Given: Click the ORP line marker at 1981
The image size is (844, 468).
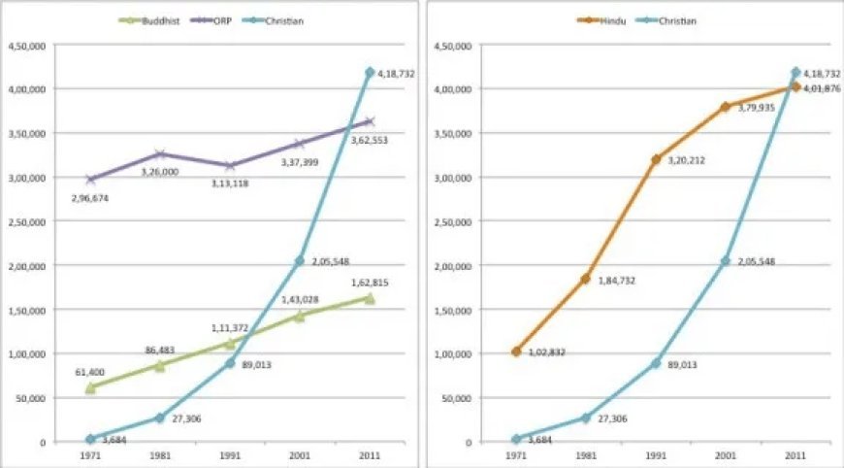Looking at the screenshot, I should coord(159,154).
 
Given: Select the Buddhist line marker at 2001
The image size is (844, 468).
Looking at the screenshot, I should coord(299,316).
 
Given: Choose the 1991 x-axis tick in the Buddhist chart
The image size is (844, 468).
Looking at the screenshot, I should coord(229,454).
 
